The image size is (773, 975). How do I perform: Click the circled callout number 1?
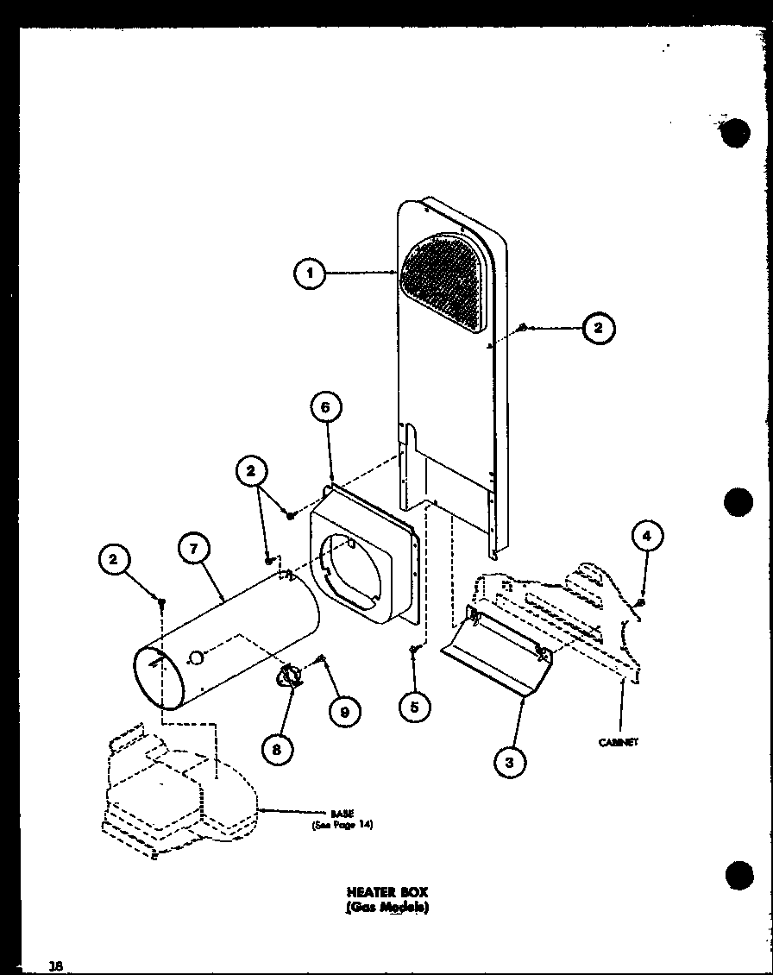(309, 274)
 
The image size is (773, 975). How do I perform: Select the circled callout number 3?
(510, 762)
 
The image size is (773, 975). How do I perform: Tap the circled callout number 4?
(646, 537)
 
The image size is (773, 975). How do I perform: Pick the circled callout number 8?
(276, 748)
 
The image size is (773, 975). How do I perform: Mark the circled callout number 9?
(345, 711)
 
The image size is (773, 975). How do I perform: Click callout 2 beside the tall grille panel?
(598, 328)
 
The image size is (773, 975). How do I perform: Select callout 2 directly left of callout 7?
(113, 561)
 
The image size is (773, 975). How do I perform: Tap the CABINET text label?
(618, 742)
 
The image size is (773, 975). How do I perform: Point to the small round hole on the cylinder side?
(196, 659)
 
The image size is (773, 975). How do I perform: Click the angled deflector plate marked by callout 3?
(492, 651)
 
